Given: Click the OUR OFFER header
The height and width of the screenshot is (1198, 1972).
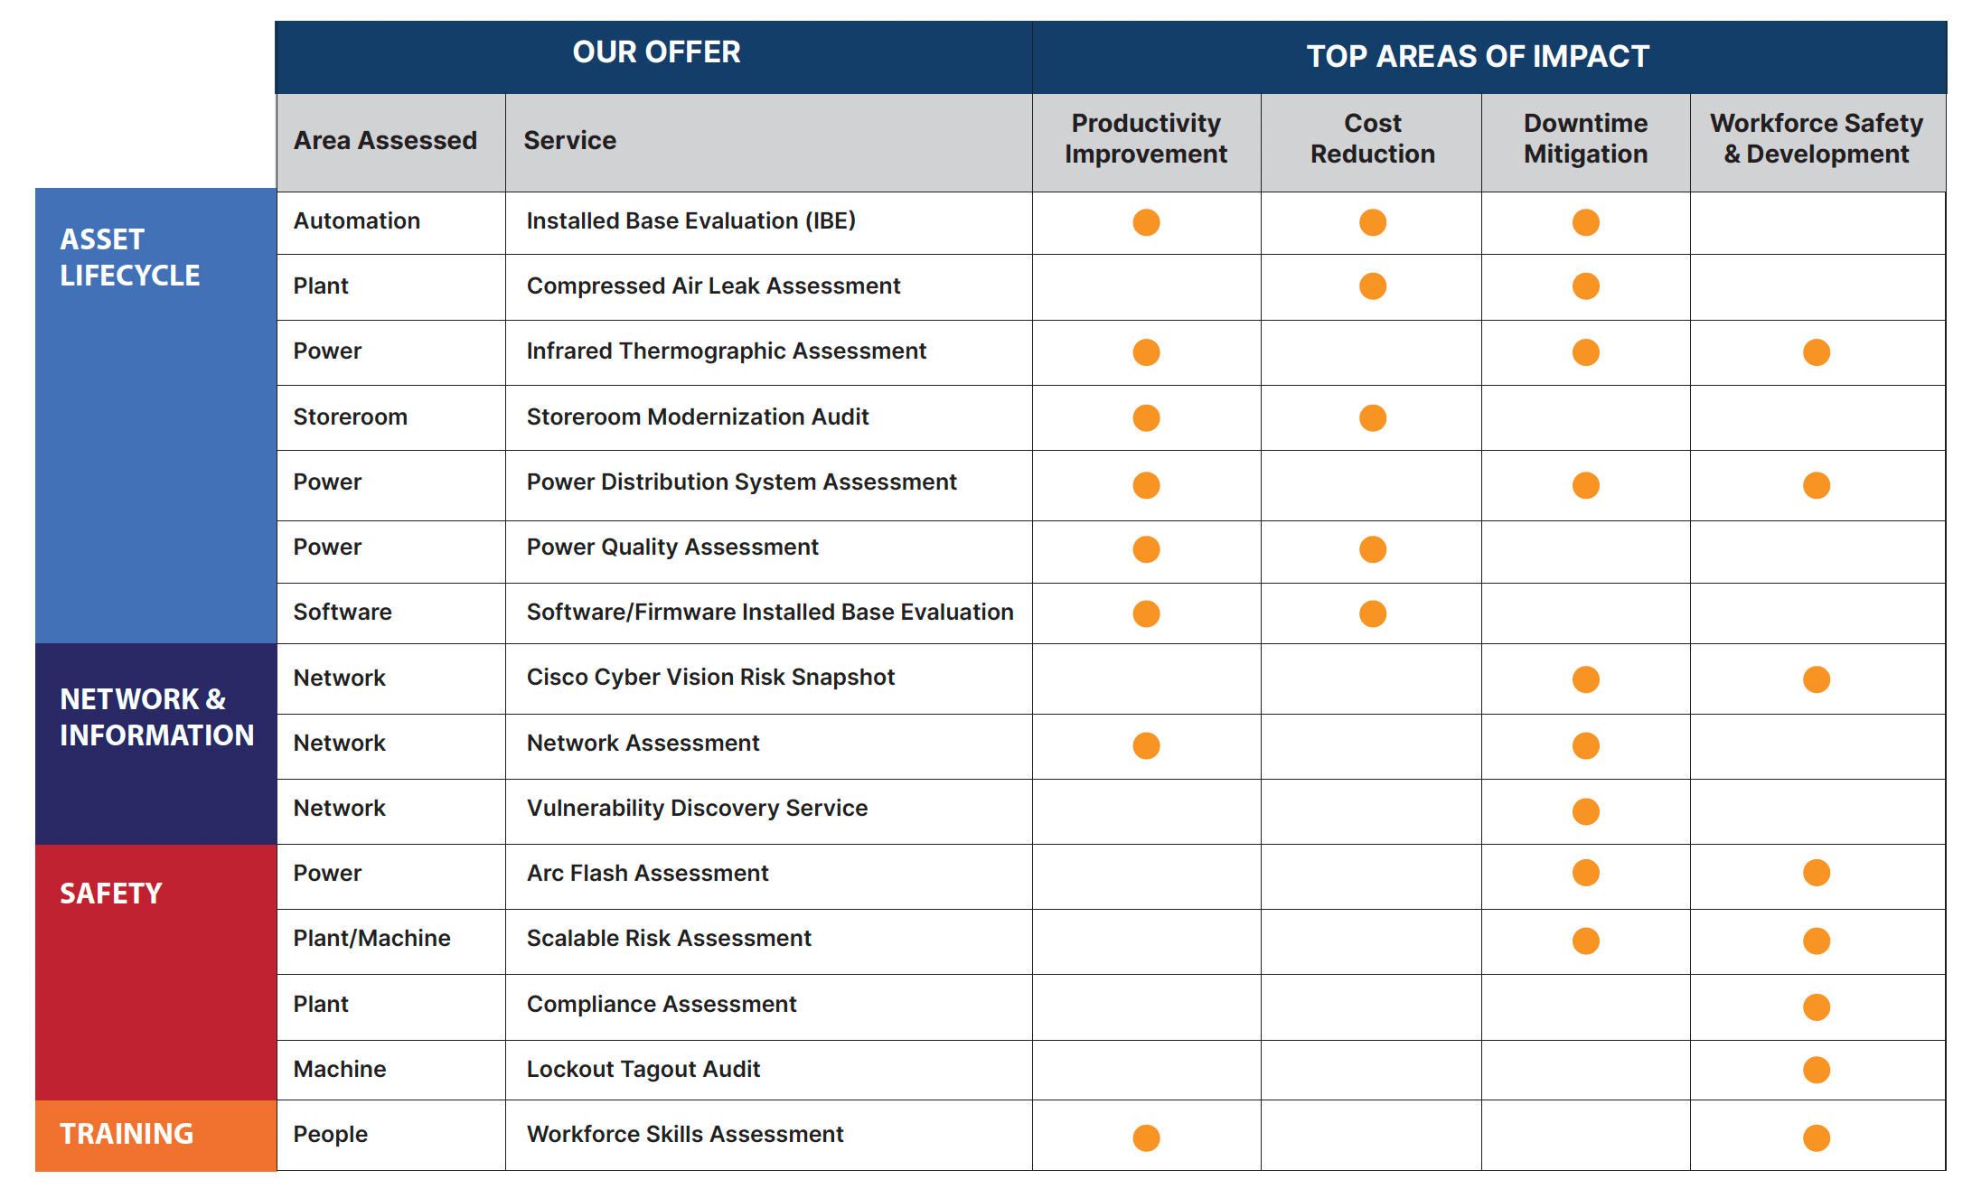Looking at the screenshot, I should tap(656, 52).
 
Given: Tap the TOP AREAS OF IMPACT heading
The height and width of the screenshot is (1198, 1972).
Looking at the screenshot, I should tap(1478, 56).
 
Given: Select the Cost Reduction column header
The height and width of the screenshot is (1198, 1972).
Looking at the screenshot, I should tap(1372, 138).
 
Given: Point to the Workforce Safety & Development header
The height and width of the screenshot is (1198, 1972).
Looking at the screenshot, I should tap(1816, 138).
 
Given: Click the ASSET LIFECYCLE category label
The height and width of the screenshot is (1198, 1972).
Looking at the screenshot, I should tap(129, 257).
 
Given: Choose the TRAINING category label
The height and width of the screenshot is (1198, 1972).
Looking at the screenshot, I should tap(127, 1133).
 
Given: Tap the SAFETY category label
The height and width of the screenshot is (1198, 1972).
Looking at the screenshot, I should tap(110, 894).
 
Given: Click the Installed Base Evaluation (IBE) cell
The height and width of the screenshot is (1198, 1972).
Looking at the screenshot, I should tap(690, 221).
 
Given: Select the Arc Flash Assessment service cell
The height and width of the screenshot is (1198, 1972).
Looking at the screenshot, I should tap(647, 873).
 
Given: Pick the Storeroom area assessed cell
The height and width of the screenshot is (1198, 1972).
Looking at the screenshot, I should tap(350, 416).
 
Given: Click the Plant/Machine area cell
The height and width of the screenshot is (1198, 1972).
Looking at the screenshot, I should tap(371, 938).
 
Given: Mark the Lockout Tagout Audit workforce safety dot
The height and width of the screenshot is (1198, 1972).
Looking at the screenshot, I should tap(1816, 1070).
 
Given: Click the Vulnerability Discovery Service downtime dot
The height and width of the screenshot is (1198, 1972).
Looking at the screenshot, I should tap(1585, 811).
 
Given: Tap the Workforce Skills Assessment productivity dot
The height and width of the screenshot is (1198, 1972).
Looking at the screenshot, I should tap(1146, 1137).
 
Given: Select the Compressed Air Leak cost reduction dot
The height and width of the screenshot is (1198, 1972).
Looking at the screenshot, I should tap(1372, 286).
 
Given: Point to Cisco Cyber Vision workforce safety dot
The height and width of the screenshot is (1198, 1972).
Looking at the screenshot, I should tap(1816, 679).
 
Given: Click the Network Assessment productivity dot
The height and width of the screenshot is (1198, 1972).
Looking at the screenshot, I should tap(1146, 745).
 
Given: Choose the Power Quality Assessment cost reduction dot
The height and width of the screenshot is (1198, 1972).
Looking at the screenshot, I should tap(1372, 549).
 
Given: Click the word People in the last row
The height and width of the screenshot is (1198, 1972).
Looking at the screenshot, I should tap(330, 1134).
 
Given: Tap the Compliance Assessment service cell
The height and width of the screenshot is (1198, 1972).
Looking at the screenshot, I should tap(661, 1004).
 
